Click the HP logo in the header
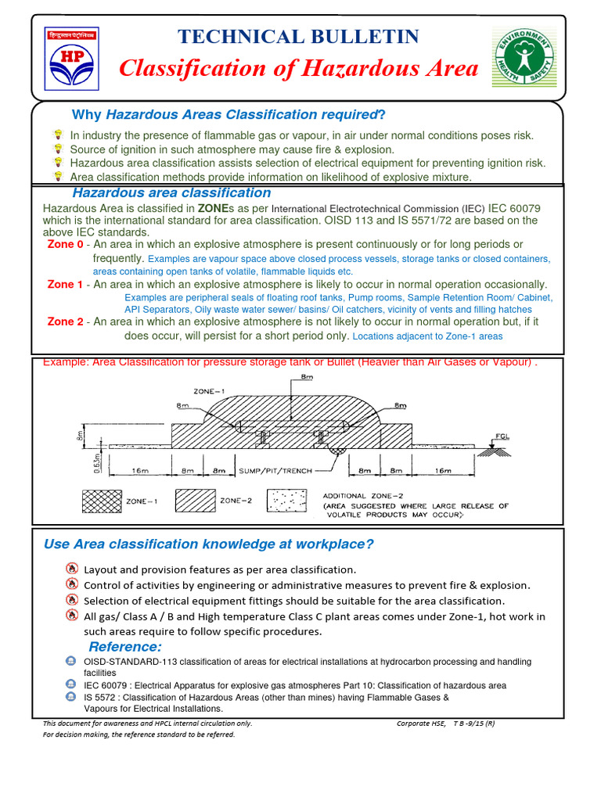(71, 60)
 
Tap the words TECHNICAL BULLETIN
(298, 37)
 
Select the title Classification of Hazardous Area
(298, 69)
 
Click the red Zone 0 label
(65, 245)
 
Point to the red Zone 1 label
(65, 285)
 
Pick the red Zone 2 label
(65, 321)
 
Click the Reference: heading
(124, 647)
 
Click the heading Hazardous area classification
(171, 193)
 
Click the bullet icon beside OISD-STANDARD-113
(70, 662)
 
